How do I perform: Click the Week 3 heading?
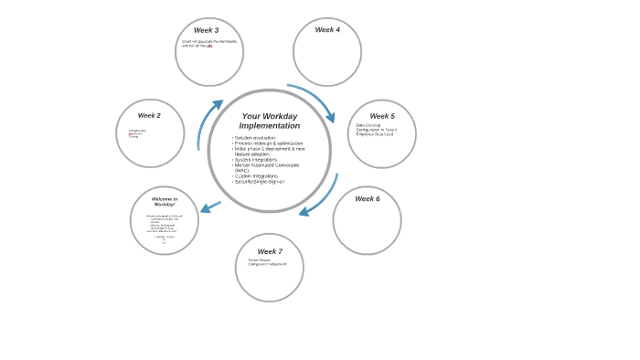(206, 30)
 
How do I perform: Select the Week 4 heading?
(327, 30)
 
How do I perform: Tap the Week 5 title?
(382, 116)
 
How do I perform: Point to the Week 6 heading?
(368, 199)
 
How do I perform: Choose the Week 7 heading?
(270, 251)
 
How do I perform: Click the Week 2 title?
(149, 116)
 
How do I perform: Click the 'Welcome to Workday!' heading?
(165, 201)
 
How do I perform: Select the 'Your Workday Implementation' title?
(270, 121)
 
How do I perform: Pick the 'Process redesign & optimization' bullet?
(268, 143)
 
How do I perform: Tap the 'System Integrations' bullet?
(255, 160)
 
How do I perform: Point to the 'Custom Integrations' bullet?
(256, 176)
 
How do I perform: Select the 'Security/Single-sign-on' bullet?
(260, 182)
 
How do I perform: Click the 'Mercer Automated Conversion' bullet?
(267, 165)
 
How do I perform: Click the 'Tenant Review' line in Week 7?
(259, 259)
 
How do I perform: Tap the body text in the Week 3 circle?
(209, 43)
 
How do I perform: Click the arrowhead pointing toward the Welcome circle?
(205, 209)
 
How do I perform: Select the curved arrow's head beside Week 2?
(218, 105)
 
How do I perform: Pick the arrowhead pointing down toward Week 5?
(330, 117)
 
